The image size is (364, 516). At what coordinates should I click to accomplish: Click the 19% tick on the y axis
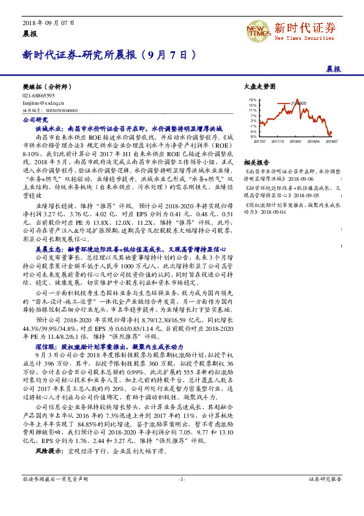click(x=253, y=99)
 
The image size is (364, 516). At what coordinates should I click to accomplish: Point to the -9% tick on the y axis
click(x=253, y=137)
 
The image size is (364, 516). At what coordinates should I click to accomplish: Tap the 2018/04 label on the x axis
click(x=315, y=142)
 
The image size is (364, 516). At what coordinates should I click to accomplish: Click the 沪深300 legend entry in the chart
click(x=298, y=102)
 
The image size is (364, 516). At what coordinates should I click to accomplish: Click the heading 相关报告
click(x=256, y=162)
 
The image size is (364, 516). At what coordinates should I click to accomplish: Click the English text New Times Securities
click(x=305, y=37)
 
